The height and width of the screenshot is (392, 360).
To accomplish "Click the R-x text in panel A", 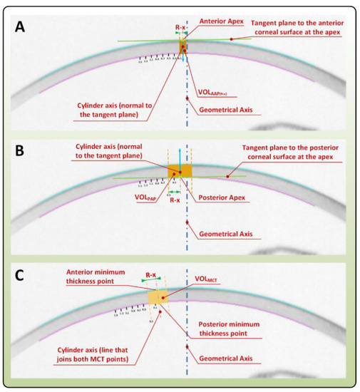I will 182,26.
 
